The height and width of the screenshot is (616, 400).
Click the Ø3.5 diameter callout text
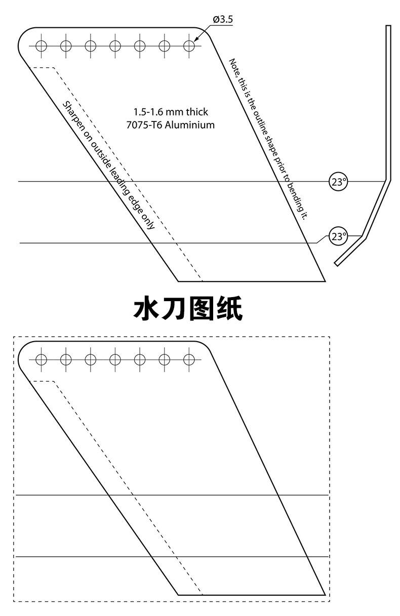222,20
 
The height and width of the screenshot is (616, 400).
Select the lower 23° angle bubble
339,236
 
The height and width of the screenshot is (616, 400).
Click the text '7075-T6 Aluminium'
171,125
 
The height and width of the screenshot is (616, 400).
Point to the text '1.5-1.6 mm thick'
171,111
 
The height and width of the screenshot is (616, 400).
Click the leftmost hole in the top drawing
41,46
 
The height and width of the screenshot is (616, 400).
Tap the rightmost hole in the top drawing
189,46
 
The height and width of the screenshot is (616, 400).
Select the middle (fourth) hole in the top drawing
115,46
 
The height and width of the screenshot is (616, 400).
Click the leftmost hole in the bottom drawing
41,359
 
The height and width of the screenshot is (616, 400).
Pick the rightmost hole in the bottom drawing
189,359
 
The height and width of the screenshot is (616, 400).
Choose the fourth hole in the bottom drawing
115,359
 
